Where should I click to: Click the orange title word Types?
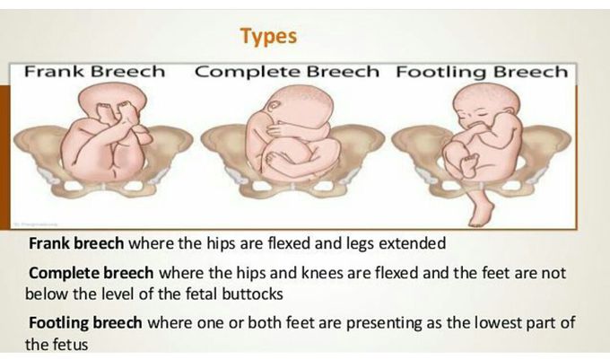coord(268,37)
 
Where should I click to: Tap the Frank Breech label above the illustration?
coord(94,72)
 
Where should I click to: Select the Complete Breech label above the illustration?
coord(287,72)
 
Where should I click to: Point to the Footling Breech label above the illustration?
coord(482,73)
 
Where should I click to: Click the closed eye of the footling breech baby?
coord(482,115)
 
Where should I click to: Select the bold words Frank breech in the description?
coord(76,243)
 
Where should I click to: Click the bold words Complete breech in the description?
coord(91,273)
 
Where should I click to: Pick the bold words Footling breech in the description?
coord(85,322)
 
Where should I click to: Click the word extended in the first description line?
coord(412,243)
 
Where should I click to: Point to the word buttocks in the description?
coord(252,294)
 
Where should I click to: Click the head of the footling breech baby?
coord(486,104)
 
